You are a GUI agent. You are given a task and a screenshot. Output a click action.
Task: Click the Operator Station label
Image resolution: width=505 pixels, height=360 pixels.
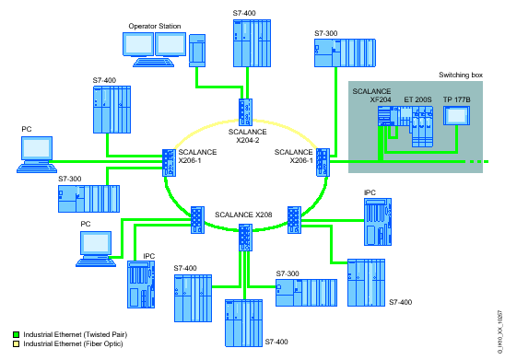point(154,27)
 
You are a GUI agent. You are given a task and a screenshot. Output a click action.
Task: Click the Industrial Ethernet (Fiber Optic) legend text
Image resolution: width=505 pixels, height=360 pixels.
point(61,343)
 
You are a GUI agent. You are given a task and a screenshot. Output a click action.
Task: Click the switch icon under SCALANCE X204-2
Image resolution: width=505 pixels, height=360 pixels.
point(246,110)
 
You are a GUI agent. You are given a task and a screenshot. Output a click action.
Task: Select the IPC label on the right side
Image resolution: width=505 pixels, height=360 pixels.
point(370,193)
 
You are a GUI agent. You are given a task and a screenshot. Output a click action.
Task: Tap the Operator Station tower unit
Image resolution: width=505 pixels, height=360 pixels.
point(198,50)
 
